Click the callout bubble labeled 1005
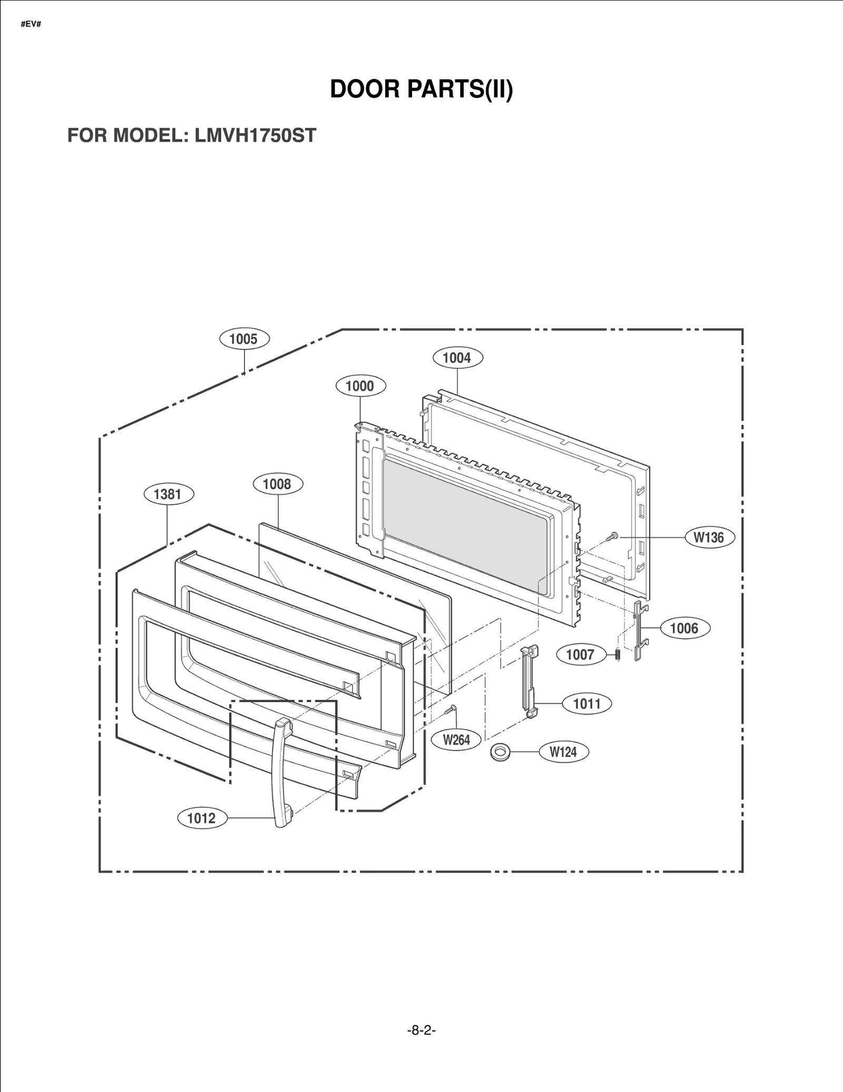[244, 339]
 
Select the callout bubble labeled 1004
[457, 358]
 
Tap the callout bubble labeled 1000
[360, 386]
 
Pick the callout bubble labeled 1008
[278, 484]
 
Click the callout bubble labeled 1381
[169, 494]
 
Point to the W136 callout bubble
[709, 537]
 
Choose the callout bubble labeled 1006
[684, 628]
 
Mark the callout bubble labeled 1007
[580, 655]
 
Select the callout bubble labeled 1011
[587, 704]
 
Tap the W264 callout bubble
[456, 740]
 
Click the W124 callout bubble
[563, 752]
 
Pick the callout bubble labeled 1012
[201, 819]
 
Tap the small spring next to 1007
[618, 654]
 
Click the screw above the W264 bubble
[450, 710]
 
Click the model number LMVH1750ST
[255, 136]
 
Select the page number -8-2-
[421, 1030]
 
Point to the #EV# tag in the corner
[31, 25]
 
